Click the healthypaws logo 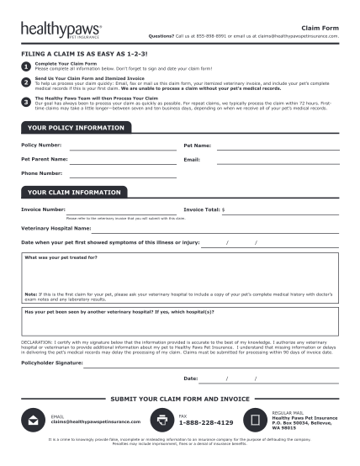[60, 31]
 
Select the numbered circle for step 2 [26, 83]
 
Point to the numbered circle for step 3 [26, 102]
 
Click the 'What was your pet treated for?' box [180, 278]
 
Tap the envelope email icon [34, 420]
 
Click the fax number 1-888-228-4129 [207, 423]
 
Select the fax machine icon [161, 419]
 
